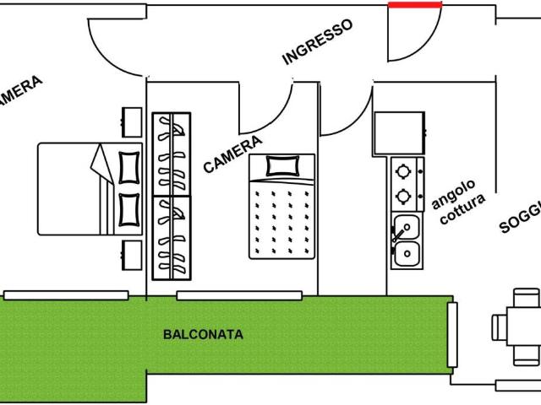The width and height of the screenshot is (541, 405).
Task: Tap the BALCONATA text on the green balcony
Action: pos(202,334)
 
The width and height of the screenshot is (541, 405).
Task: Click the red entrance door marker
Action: pos(414,4)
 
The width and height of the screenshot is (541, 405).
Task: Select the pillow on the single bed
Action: pos(282,165)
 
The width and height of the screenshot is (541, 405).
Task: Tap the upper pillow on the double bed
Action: pos(129,165)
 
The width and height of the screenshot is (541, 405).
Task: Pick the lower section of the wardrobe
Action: pos(172,237)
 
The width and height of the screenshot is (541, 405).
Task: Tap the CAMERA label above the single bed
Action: pos(232,154)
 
